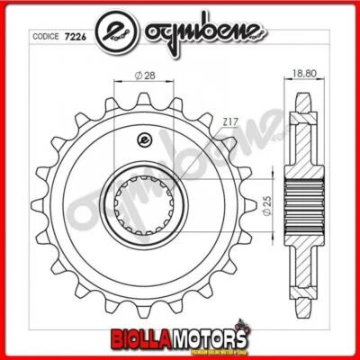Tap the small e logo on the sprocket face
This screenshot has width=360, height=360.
[x=141, y=138]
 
